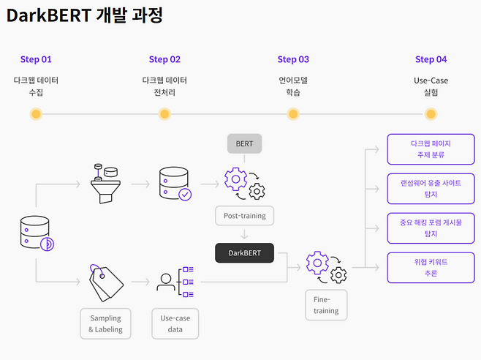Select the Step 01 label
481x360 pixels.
point(36,59)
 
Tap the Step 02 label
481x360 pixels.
point(164,59)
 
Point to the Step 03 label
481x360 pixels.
point(293,59)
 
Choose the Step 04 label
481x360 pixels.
point(431,59)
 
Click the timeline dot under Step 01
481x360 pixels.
point(36,114)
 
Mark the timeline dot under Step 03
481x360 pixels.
point(293,114)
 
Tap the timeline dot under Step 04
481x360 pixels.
point(431,114)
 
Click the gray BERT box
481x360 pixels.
point(244,143)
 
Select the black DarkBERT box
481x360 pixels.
point(244,253)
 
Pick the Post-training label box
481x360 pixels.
point(244,216)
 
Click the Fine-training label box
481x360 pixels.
point(326,305)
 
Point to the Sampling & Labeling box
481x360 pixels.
point(106,323)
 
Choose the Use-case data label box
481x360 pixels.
point(175,323)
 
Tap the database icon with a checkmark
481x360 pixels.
point(175,183)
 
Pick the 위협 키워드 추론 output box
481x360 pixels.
point(430,268)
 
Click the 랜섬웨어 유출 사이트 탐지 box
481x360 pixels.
point(430,189)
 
